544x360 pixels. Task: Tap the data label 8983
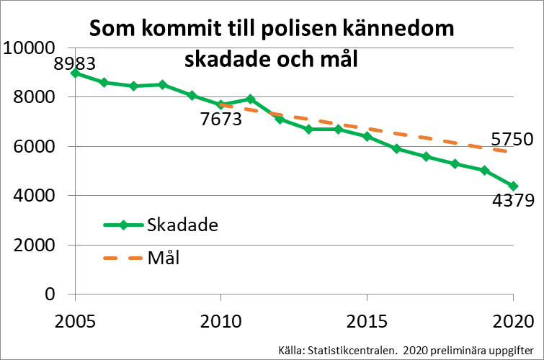[75, 64]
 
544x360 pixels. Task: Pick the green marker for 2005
[75, 73]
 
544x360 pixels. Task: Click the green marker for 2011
[250, 99]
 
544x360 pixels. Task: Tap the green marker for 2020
[513, 186]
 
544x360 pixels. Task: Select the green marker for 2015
[367, 136]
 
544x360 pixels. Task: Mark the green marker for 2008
[162, 84]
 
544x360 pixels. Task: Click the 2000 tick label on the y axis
[35, 245]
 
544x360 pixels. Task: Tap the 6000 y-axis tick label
[35, 147]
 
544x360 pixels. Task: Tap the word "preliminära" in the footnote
[449, 350]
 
